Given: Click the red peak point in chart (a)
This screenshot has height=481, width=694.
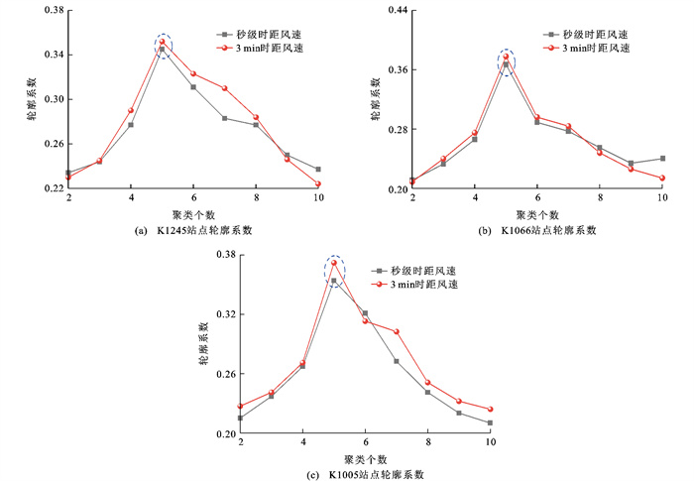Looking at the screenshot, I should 162,43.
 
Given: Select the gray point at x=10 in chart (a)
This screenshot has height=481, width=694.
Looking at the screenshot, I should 318,170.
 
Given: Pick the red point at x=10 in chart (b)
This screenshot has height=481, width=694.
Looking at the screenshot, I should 662,179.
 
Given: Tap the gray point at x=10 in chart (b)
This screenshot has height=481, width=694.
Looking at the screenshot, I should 662,159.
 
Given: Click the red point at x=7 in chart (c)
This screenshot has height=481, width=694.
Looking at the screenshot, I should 397,331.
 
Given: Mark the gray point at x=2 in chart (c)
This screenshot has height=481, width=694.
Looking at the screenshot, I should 240,418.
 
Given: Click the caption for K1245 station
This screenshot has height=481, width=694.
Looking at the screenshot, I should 192,231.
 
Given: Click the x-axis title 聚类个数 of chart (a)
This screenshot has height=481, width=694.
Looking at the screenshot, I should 193,214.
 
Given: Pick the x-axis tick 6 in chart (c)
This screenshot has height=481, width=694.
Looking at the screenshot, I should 365,443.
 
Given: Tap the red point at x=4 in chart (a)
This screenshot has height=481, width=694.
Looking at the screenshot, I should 131,110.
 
